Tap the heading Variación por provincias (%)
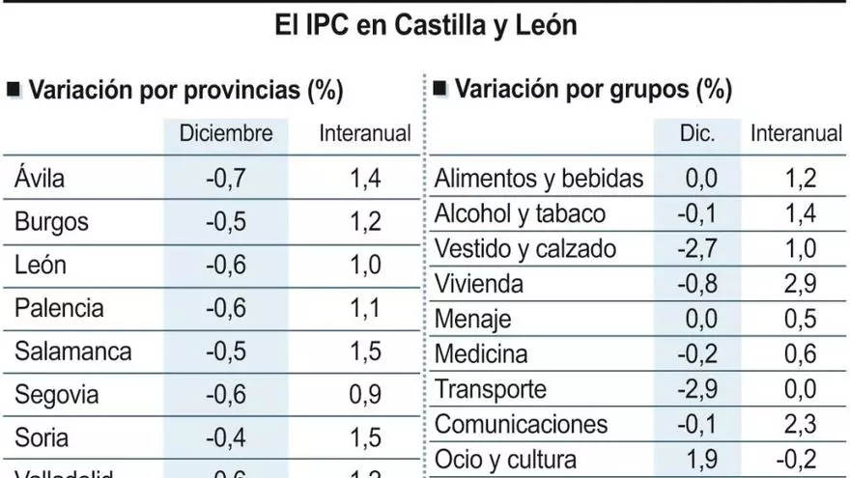[186, 91]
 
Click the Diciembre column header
[226, 134]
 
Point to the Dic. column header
[696, 134]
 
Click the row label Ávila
[40, 178]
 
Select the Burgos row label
[51, 221]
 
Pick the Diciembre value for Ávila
[226, 178]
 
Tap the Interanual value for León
[365, 265]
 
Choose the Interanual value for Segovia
[365, 394]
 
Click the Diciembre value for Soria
[226, 437]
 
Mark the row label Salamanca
[72, 351]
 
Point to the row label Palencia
[59, 308]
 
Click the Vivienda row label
[479, 284]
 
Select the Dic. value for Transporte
[696, 389]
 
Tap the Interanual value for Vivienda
[796, 284]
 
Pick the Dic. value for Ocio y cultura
[698, 460]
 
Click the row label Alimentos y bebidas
[539, 179]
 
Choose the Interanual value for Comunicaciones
[796, 424]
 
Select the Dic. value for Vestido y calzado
[696, 249]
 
